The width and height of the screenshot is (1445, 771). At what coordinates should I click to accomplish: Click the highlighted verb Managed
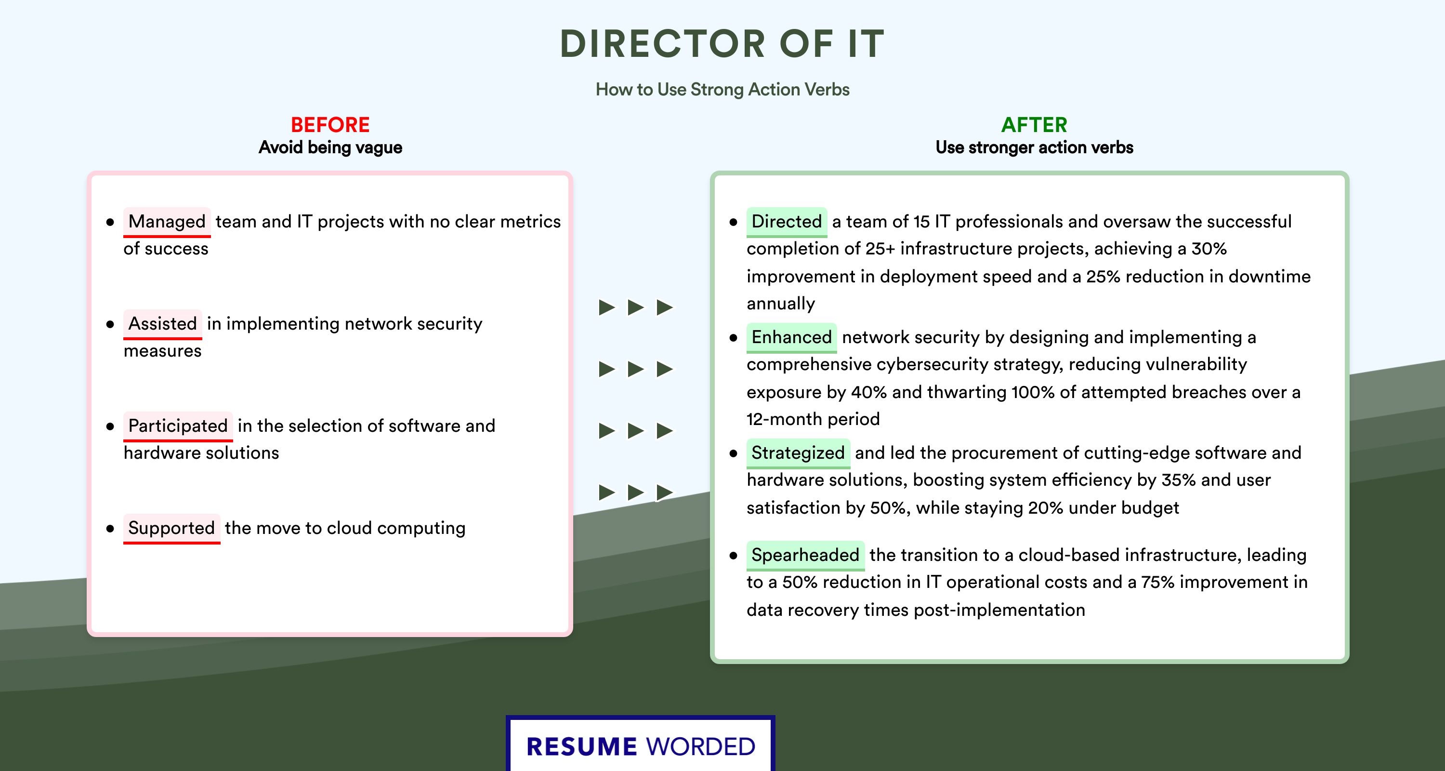(x=167, y=222)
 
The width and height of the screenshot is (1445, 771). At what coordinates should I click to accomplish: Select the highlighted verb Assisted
(x=162, y=324)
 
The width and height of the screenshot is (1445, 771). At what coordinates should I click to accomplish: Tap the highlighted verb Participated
(x=178, y=426)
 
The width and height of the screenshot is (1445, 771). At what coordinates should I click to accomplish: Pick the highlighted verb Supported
(x=171, y=528)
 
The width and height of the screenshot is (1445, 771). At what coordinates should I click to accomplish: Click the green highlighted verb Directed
(x=787, y=222)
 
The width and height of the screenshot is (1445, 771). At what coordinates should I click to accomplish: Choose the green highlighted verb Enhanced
(x=791, y=337)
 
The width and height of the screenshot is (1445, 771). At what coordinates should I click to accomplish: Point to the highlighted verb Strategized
(x=798, y=453)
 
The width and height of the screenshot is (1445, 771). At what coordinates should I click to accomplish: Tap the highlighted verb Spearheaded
(x=805, y=555)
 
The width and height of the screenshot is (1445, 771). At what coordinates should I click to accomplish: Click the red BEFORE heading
(x=330, y=125)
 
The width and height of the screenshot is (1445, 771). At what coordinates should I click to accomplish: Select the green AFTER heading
(x=1034, y=125)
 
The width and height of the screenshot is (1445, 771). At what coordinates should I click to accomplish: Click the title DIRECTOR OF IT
(x=722, y=44)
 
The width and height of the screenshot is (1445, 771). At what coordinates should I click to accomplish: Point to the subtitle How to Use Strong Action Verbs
(x=722, y=89)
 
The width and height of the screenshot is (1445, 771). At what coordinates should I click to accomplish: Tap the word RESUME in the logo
(x=582, y=747)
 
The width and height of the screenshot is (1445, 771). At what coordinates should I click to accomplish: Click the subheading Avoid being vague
(x=330, y=147)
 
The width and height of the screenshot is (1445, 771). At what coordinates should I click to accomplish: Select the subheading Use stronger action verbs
(x=1034, y=147)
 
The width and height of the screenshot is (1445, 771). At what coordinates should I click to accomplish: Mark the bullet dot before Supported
(x=110, y=529)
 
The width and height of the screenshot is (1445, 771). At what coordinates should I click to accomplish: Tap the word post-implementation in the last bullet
(x=999, y=610)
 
